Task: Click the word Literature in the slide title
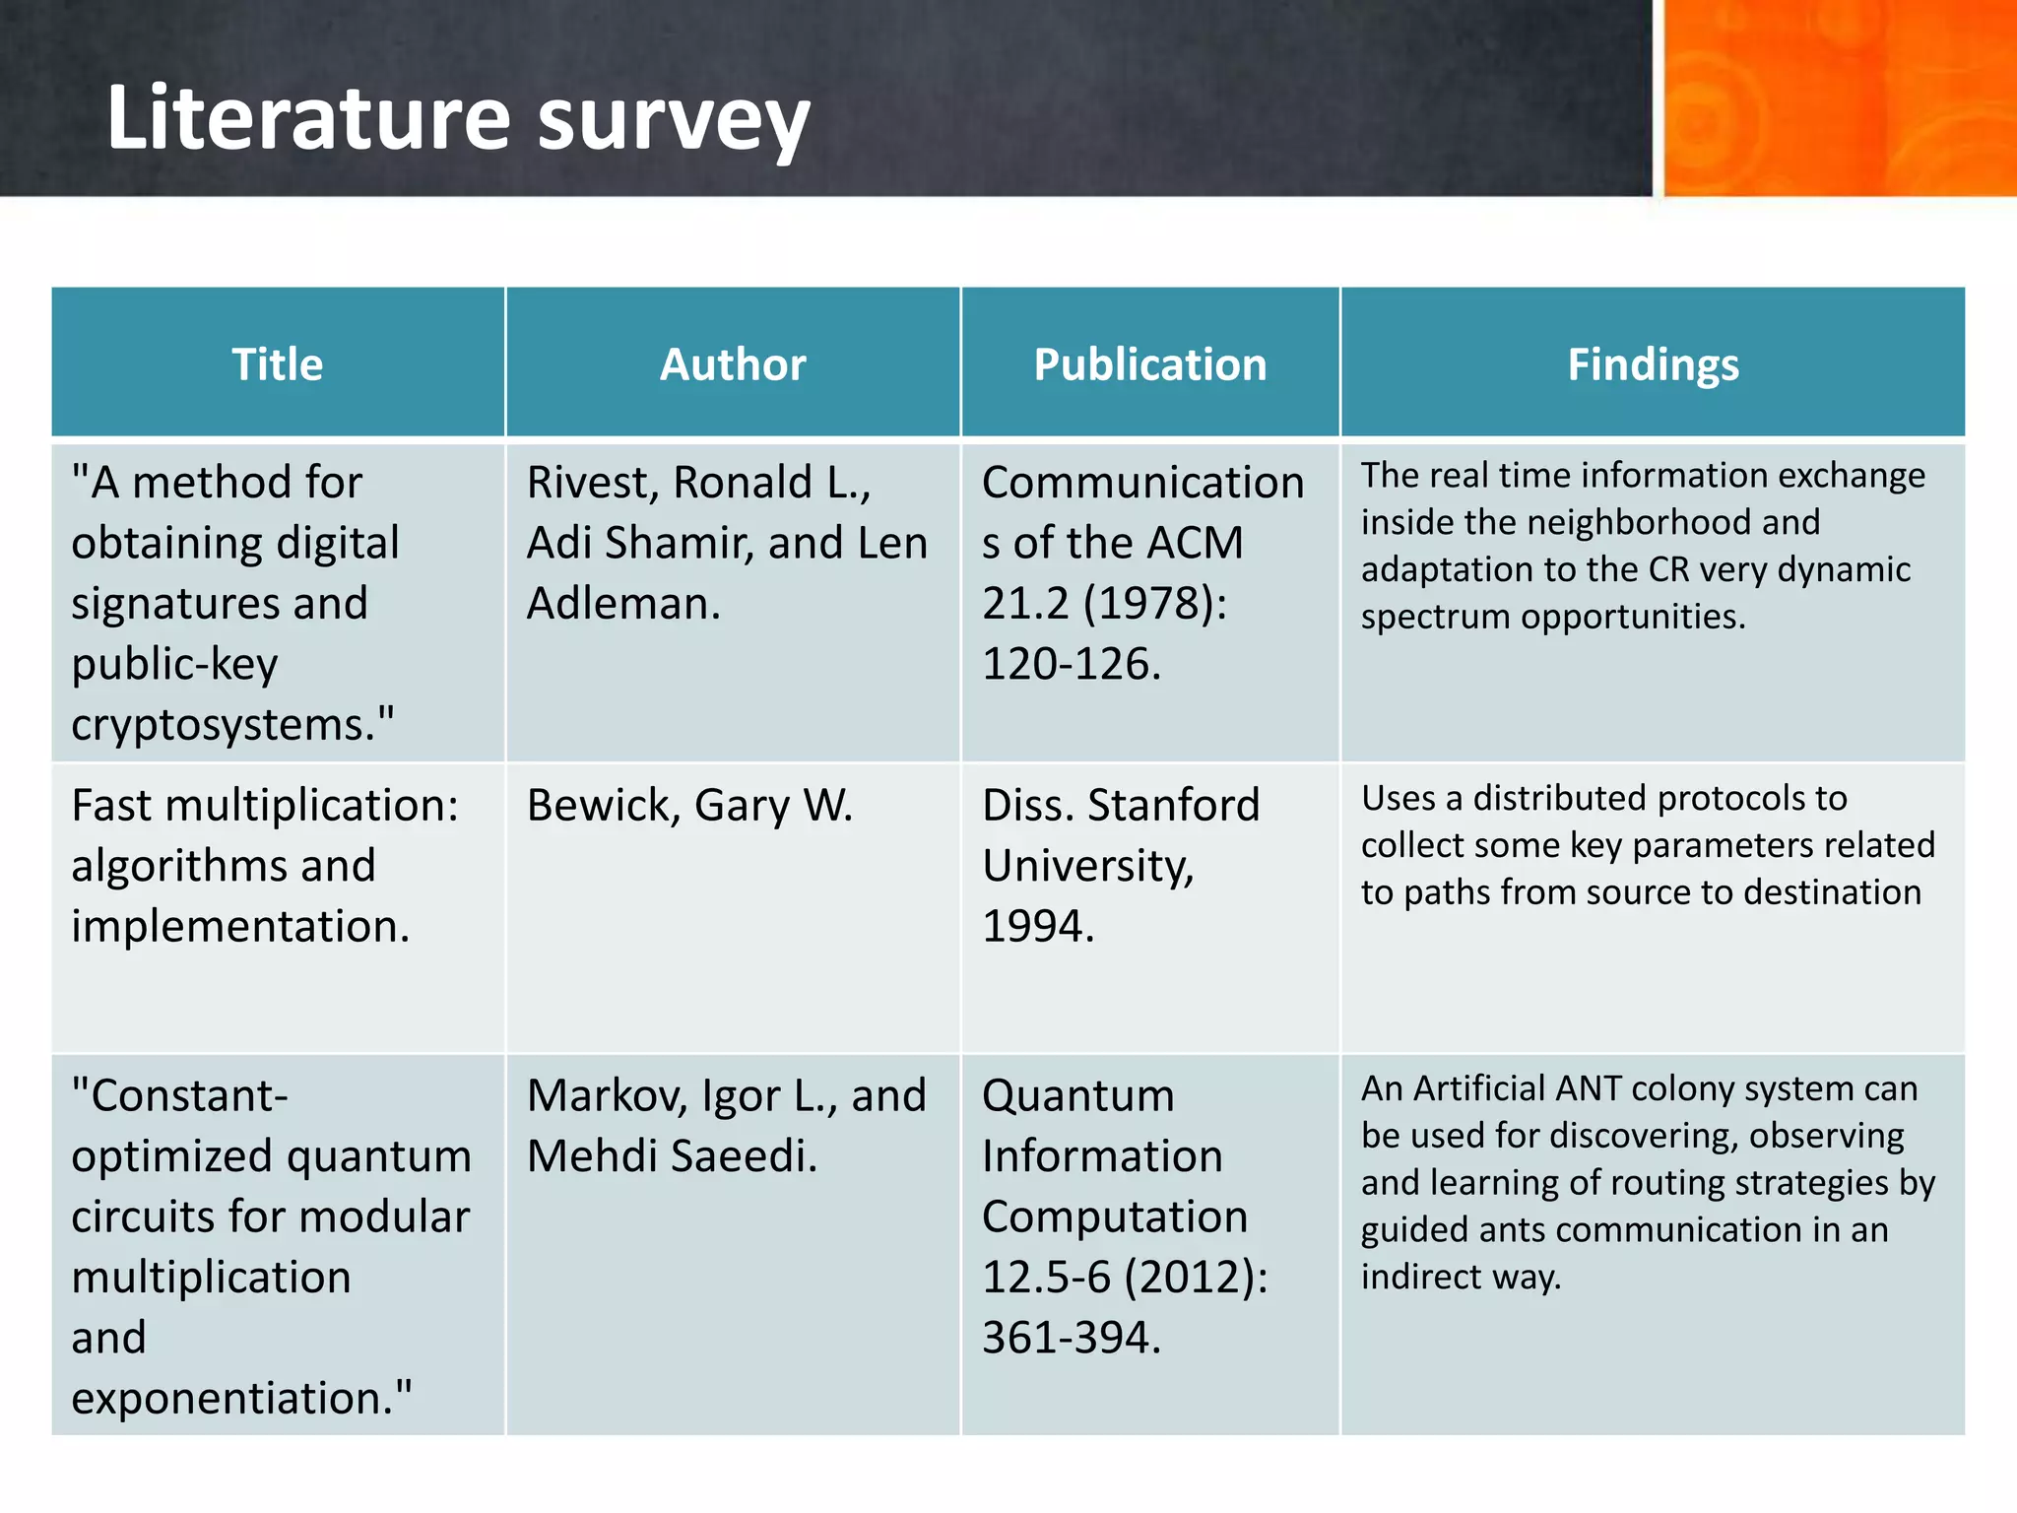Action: coord(308,118)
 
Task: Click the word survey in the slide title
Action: coord(674,122)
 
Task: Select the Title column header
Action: coord(278,364)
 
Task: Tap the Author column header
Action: coord(733,364)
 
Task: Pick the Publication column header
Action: coord(1149,364)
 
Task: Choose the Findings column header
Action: coord(1653,364)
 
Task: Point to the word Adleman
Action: coord(622,604)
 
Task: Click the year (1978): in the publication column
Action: coord(1155,604)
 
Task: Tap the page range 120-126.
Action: coord(1072,664)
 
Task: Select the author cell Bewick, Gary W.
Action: coord(689,806)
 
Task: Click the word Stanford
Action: coord(1173,806)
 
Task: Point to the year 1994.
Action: coord(1038,926)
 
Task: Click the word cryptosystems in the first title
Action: coord(224,725)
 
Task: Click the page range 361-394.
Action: coord(1072,1338)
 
